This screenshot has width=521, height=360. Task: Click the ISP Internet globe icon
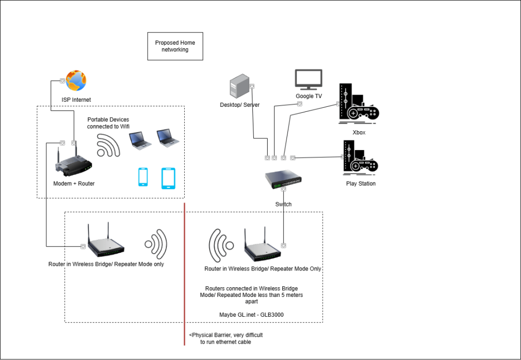point(76,80)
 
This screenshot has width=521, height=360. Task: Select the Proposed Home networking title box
point(175,46)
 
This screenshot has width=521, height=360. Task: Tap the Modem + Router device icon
point(73,162)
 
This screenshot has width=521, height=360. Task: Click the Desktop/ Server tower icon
point(239,86)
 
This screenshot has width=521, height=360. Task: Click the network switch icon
point(283,179)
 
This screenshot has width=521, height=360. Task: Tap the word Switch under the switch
point(283,204)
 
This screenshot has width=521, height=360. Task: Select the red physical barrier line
point(184,274)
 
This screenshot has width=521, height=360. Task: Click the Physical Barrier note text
point(226,339)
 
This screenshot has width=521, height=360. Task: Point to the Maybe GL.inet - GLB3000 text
point(251,315)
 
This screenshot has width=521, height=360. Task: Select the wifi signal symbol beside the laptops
point(108,145)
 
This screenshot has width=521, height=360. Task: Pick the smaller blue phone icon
point(143,177)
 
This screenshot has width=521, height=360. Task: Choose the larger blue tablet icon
point(168,178)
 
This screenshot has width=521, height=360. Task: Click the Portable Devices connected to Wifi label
point(108,123)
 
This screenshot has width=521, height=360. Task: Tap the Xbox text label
point(359,133)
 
